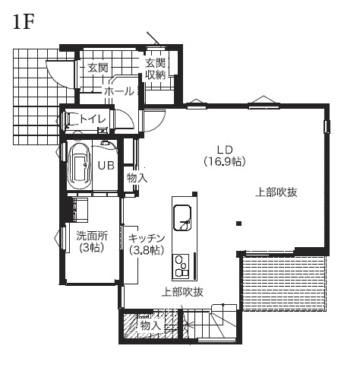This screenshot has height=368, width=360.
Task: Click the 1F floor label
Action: coord(24,22)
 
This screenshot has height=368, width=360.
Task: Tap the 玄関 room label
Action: coord(97,68)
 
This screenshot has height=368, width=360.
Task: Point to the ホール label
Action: coord(118,90)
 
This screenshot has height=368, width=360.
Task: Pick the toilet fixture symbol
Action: coord(73,119)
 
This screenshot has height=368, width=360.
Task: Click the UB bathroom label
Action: coord(106,165)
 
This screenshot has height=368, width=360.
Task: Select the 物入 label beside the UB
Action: coord(137,177)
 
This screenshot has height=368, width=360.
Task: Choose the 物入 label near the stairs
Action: coord(150,325)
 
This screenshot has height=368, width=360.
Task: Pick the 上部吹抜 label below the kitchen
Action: coord(182,292)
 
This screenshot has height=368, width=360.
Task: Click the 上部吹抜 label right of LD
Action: coord(276,192)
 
